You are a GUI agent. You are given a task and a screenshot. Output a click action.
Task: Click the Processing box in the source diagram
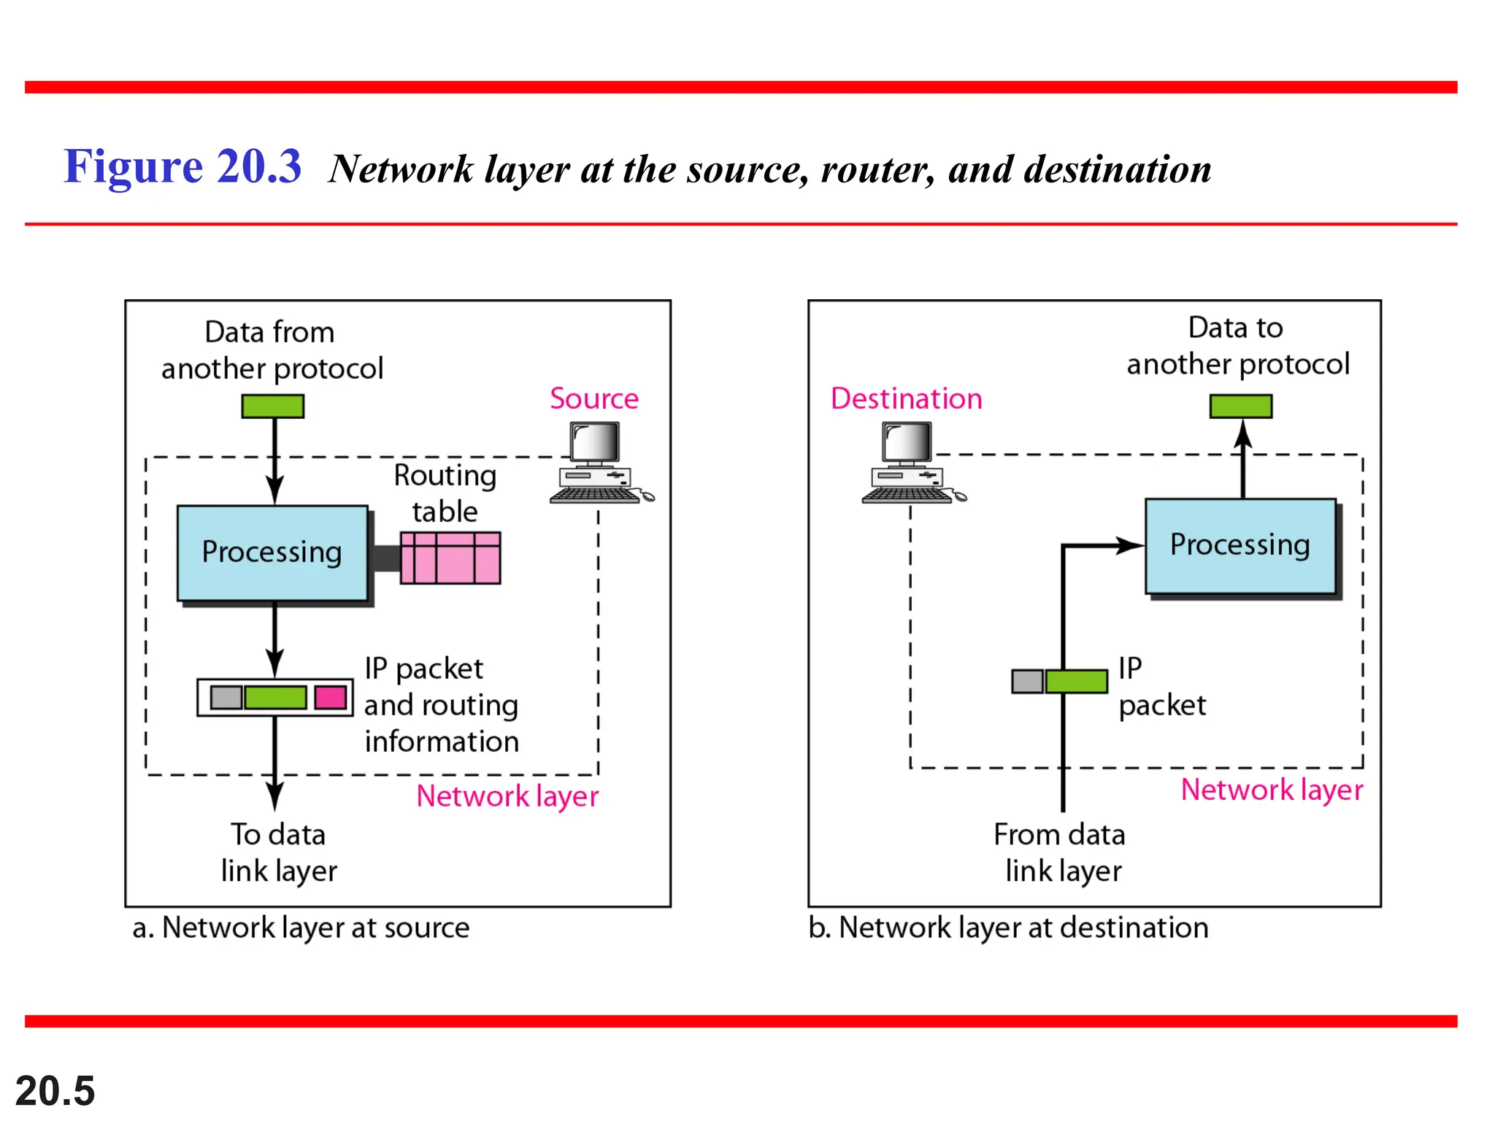click(x=272, y=552)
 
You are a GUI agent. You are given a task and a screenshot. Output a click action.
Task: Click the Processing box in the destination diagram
click(x=1240, y=545)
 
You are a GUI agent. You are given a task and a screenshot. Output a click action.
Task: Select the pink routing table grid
click(x=450, y=558)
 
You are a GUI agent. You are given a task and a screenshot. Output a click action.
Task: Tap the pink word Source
click(x=593, y=398)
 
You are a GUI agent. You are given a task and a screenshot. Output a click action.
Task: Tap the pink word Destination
click(x=906, y=398)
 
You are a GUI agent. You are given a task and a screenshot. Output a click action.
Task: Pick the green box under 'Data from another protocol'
click(x=272, y=406)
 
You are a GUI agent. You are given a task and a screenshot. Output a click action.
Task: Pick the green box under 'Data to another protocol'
click(x=1240, y=406)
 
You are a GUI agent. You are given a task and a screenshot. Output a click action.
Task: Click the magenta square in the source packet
click(x=331, y=697)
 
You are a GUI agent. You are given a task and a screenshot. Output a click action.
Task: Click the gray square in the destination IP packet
click(x=1027, y=681)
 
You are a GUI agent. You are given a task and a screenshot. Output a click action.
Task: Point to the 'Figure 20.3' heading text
click(x=182, y=166)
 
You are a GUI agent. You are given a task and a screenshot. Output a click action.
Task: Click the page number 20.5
click(x=55, y=1090)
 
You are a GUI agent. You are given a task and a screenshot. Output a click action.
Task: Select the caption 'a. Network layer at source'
click(x=301, y=928)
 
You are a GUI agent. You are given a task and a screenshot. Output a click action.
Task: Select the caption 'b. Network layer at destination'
click(x=1008, y=928)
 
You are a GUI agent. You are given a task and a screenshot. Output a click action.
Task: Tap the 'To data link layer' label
click(x=278, y=852)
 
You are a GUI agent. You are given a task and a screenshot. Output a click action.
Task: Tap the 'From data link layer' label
click(x=1061, y=852)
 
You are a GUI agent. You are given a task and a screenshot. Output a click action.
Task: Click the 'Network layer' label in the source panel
click(x=507, y=796)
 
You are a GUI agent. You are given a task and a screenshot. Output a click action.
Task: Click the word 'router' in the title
click(x=877, y=169)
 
